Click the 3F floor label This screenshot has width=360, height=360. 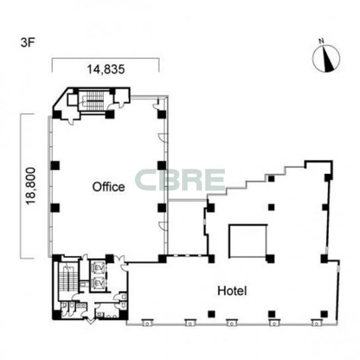(28, 43)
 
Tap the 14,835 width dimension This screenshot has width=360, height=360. (106, 69)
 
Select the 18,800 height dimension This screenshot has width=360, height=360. (30, 186)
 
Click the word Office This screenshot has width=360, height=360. (109, 187)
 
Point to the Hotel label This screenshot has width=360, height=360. (232, 291)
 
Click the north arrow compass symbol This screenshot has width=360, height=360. (326, 58)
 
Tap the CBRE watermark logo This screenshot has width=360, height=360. (180, 180)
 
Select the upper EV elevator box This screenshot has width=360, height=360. (99, 267)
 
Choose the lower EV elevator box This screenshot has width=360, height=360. (99, 283)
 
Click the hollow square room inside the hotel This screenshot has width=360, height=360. (248, 241)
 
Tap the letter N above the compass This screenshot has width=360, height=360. (322, 41)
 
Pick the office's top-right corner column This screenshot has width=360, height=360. (162, 114)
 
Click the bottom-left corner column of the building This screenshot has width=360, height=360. (57, 314)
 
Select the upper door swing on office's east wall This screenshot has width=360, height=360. (163, 137)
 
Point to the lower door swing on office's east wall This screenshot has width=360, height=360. (163, 226)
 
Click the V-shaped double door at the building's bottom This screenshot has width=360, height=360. (90, 320)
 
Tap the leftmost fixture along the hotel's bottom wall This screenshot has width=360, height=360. (146, 322)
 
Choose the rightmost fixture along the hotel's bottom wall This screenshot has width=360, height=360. (316, 322)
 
